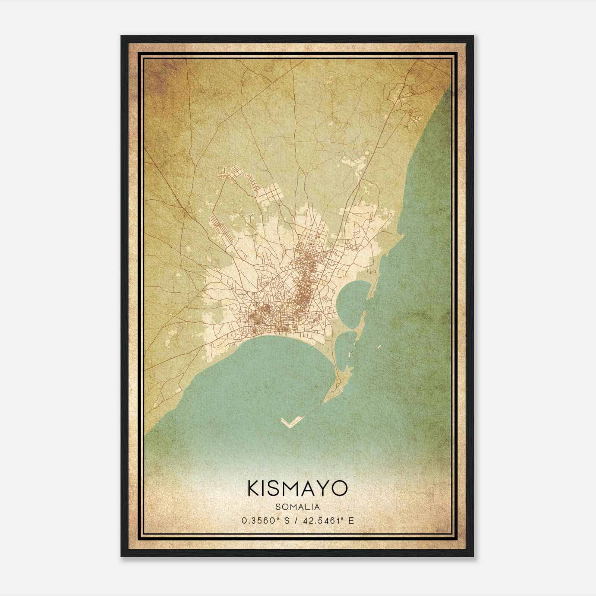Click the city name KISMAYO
[297, 488]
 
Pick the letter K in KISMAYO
[254, 488]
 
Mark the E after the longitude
[351, 521]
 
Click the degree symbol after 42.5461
[343, 519]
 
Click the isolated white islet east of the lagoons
[379, 347]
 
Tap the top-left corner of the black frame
[121, 37]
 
